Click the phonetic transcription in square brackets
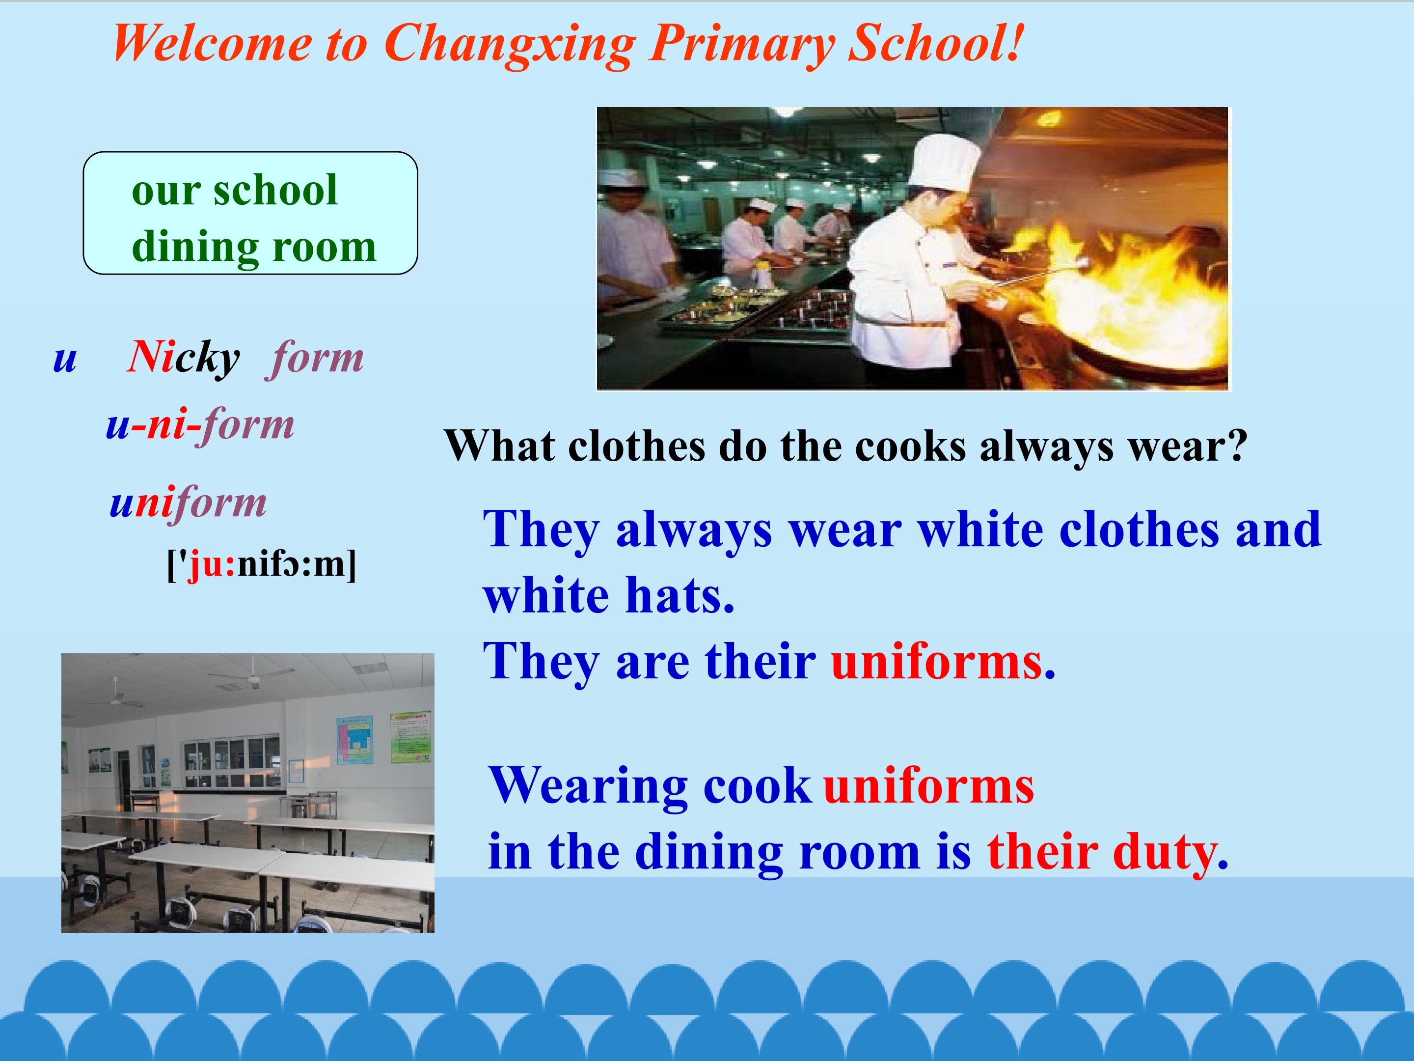click(262, 564)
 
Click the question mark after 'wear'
click(1237, 445)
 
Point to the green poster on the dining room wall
click(410, 736)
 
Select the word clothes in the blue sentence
click(1139, 530)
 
